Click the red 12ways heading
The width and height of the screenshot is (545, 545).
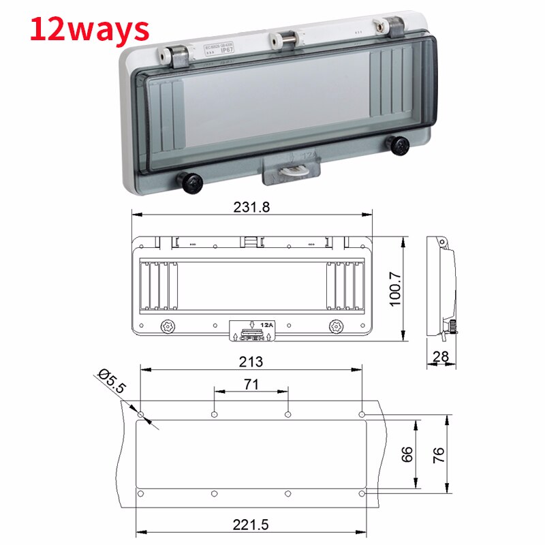(89, 29)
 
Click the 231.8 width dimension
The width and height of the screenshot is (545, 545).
(252, 208)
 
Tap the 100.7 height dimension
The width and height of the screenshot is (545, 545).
(396, 290)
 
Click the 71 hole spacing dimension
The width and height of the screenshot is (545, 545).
(251, 385)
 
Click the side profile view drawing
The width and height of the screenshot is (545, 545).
(441, 286)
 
